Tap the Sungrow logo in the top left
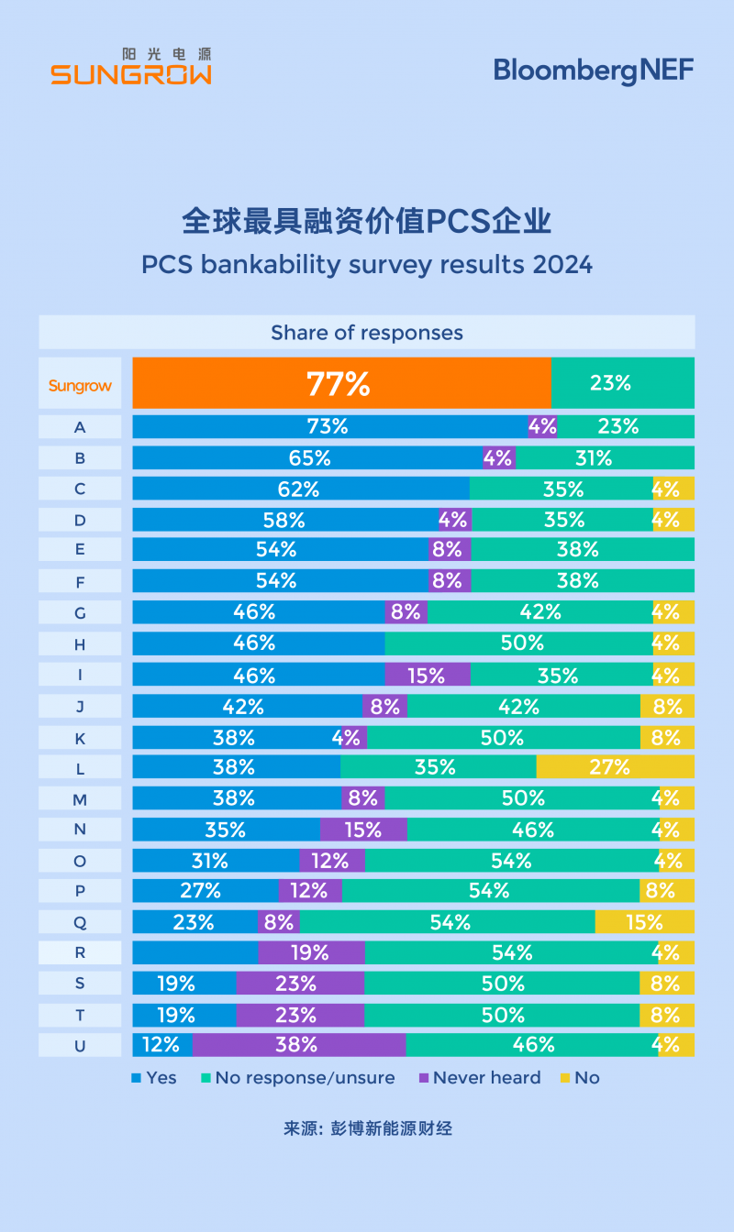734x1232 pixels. [x=130, y=66]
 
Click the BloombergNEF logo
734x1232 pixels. [x=594, y=70]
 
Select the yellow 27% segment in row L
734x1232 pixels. [x=615, y=766]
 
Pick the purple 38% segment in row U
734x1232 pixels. [x=298, y=1045]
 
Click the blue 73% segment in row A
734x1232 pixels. [x=328, y=426]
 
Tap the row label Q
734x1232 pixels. [x=80, y=922]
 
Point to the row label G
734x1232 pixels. [x=80, y=612]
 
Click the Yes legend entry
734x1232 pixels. [x=154, y=1078]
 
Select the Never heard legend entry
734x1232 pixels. [x=479, y=1078]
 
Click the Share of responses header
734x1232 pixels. [x=366, y=332]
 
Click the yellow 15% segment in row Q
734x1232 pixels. [x=644, y=922]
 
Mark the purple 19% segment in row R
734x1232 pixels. [x=310, y=952]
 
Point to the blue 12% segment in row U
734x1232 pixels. [x=161, y=1045]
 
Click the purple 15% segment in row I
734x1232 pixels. [x=427, y=675]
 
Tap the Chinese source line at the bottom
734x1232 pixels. [x=367, y=1128]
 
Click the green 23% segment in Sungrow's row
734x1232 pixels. [x=622, y=383]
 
